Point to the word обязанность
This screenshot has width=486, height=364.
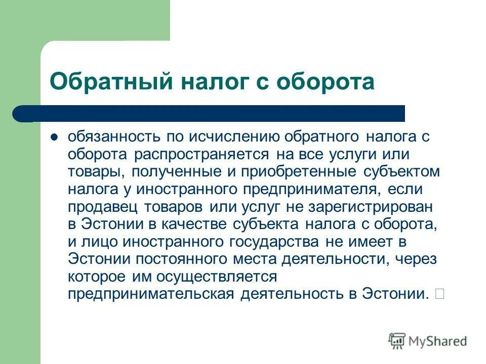click(x=114, y=137)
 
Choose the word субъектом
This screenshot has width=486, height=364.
click(x=402, y=171)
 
